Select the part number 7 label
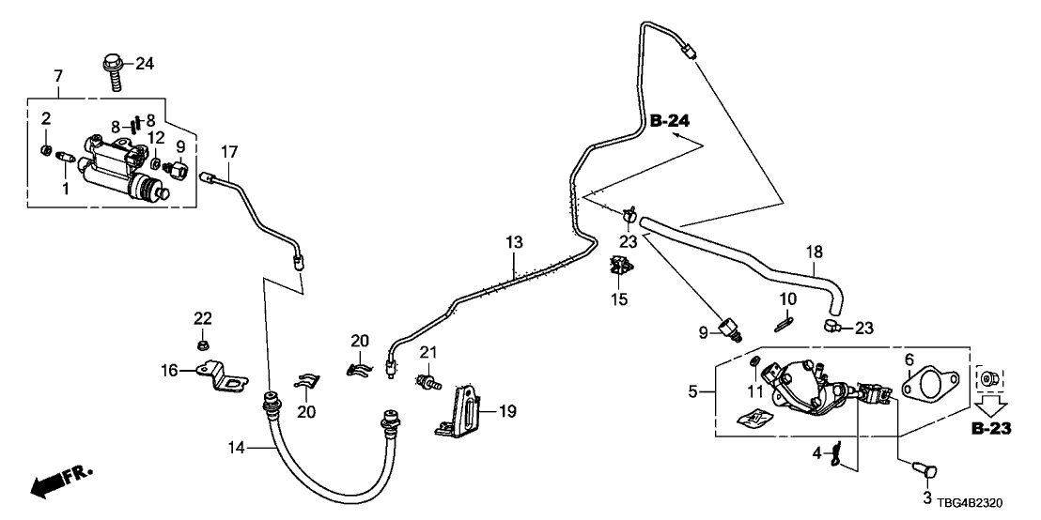[x=58, y=74]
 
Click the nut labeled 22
[x=203, y=345]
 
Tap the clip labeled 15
[x=618, y=268]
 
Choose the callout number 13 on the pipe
[x=513, y=243]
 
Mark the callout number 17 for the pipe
[x=230, y=151]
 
